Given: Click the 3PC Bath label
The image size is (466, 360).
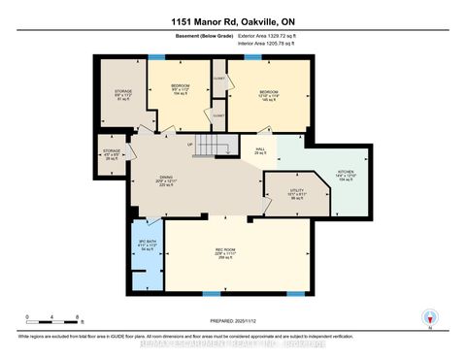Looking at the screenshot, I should [146, 245].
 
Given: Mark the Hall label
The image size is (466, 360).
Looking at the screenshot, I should [259, 150].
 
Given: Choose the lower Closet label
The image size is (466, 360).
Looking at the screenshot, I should [217, 114].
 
